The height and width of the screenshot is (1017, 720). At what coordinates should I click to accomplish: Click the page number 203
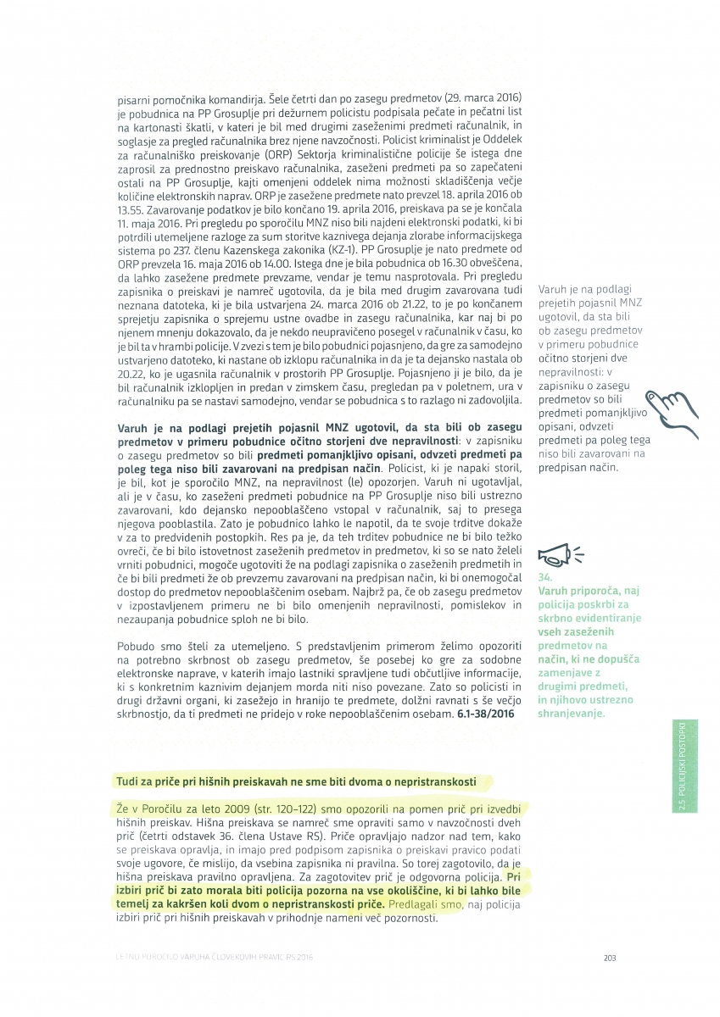tap(609, 958)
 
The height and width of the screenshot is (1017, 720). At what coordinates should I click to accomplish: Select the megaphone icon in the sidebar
tap(557, 554)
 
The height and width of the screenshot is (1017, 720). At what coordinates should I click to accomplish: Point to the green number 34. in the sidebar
tap(544, 576)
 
